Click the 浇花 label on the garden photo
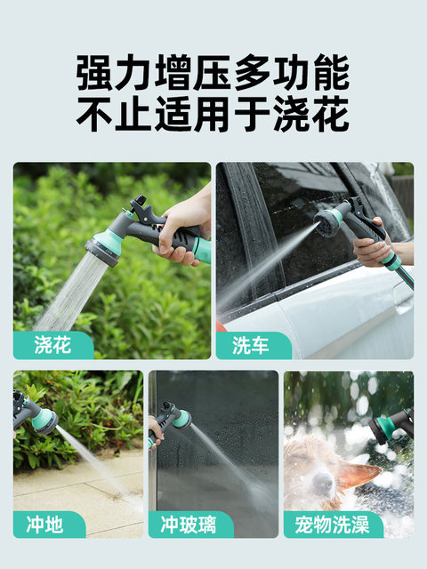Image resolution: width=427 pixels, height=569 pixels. [x=52, y=345]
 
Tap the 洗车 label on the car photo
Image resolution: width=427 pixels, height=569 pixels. [x=251, y=345]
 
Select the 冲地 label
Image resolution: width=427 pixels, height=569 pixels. [x=44, y=525]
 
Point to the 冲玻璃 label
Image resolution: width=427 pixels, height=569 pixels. [x=189, y=525]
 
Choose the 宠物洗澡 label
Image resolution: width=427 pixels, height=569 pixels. [x=332, y=525]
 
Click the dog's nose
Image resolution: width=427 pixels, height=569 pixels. [x=322, y=482]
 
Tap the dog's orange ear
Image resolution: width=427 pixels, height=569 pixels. [x=359, y=474]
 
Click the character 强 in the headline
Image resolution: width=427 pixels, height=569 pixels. [x=94, y=73]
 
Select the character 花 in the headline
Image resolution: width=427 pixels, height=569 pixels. [x=331, y=114]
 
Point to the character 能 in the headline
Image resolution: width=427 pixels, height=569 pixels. [x=331, y=73]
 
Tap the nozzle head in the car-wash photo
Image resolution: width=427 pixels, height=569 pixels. [x=326, y=222]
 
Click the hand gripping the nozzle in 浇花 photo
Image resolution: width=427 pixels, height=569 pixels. [x=183, y=232]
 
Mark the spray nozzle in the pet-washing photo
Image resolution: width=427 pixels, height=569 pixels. [x=391, y=427]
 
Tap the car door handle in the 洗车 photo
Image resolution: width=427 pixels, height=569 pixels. [x=403, y=299]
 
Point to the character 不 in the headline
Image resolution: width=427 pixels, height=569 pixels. [x=94, y=114]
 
